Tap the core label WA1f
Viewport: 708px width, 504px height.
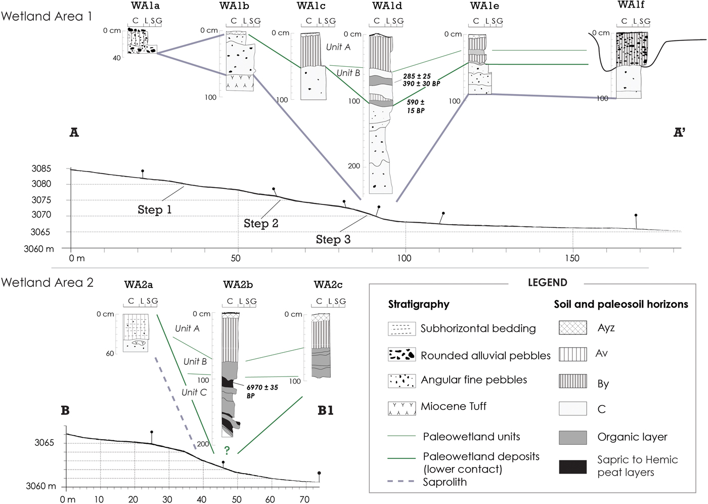[631, 5]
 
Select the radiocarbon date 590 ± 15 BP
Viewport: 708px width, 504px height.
[416, 106]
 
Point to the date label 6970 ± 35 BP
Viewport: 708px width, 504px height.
[262, 391]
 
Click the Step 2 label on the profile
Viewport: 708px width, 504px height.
[261, 223]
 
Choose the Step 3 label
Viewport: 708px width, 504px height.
[333, 239]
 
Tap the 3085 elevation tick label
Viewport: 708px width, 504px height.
[41, 169]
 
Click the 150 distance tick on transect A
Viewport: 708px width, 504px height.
[572, 258]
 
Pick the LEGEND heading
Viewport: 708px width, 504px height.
[547, 282]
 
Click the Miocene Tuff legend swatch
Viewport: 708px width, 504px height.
[402, 408]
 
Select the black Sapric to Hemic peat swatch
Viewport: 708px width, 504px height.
[573, 467]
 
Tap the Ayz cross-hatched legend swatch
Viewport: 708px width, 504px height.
[573, 328]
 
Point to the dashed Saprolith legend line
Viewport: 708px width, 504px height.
[402, 482]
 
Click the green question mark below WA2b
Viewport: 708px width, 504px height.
[227, 450]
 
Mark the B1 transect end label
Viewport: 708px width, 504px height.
[325, 410]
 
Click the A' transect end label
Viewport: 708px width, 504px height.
[679, 133]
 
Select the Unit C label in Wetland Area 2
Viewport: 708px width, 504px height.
[194, 392]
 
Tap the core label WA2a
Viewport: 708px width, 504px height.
[139, 285]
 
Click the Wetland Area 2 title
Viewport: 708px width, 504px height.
[47, 282]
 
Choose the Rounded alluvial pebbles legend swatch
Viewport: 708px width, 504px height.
[402, 355]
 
